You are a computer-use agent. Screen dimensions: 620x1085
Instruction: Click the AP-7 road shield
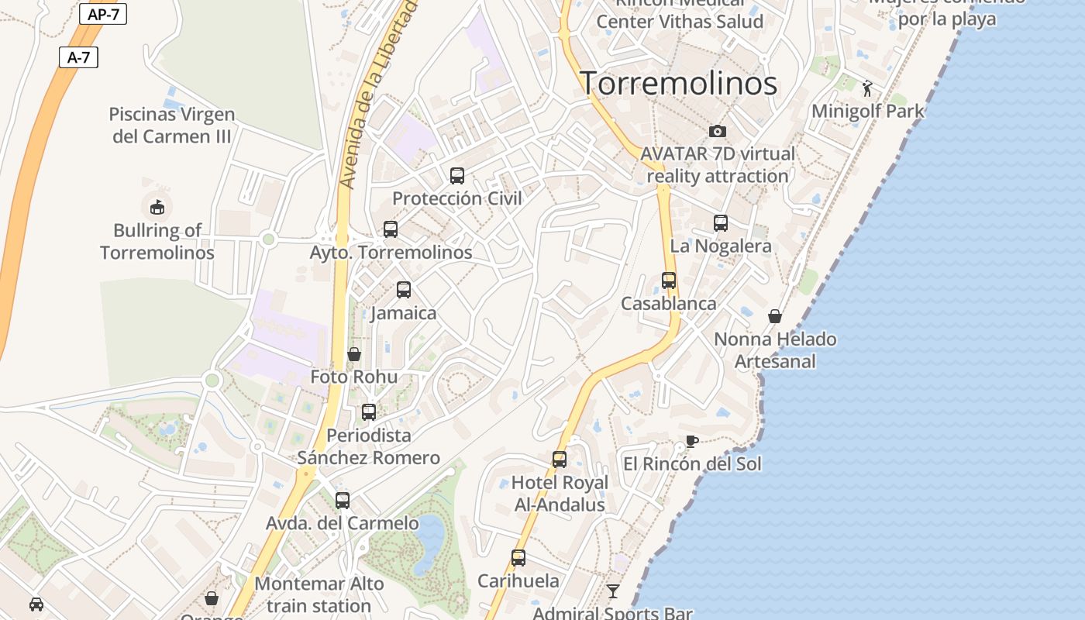103,15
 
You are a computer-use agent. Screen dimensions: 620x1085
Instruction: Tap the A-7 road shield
78,57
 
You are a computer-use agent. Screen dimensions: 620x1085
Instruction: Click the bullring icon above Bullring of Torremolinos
157,207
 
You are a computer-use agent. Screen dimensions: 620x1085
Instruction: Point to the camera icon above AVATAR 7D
718,131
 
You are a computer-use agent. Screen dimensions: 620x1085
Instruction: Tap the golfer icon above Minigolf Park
867,88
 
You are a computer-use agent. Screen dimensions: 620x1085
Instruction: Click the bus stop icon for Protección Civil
457,176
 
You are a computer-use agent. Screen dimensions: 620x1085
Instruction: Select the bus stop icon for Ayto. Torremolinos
391,229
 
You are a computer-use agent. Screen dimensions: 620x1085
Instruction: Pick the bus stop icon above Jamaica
404,290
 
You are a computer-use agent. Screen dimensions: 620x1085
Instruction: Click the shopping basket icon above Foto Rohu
354,354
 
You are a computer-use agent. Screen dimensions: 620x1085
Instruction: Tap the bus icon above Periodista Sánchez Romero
369,412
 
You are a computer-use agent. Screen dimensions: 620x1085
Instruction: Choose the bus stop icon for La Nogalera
721,223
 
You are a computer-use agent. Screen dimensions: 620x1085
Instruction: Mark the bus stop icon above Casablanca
669,281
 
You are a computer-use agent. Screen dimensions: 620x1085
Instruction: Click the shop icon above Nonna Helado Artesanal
775,316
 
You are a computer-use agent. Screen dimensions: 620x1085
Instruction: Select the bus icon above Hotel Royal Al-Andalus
560,460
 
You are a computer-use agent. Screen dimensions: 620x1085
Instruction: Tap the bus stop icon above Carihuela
518,558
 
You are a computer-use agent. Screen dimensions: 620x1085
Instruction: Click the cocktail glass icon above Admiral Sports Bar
613,591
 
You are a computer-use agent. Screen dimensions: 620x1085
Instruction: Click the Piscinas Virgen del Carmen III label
171,126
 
